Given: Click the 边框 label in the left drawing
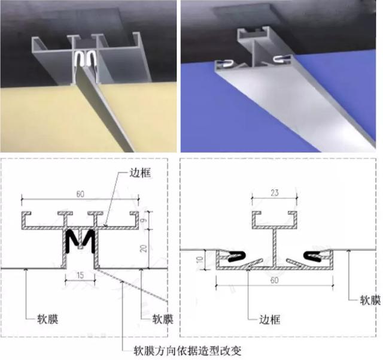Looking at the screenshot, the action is point(140,173).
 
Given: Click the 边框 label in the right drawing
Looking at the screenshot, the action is point(269,319).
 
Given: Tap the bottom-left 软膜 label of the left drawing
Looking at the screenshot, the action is point(48,319).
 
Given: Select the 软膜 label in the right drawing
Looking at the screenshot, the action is point(370,300).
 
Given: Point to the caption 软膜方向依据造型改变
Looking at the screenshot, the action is point(187,351).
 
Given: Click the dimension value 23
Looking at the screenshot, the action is point(274,193).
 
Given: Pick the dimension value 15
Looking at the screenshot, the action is point(80,276).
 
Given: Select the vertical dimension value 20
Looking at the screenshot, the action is point(144,249).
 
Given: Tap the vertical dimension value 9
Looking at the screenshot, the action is point(144,220).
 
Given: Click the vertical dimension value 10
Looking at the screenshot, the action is point(199,259).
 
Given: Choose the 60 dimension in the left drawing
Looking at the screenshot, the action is point(80,194).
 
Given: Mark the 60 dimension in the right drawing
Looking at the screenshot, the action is point(274,280).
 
